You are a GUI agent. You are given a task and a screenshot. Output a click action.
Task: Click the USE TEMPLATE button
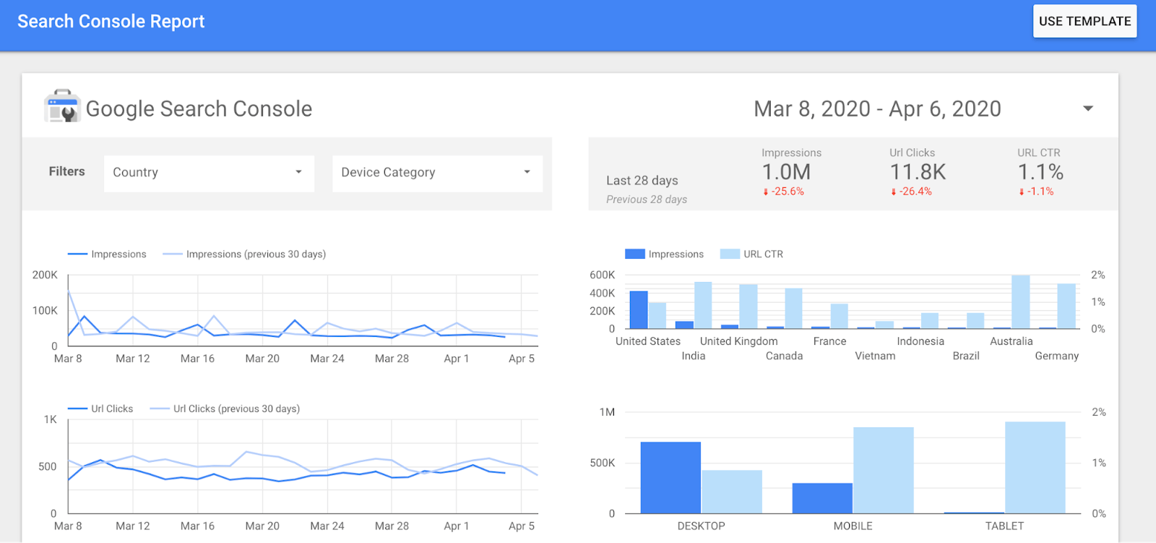pyautogui.click(x=1084, y=21)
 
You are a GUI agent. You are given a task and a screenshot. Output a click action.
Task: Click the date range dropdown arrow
pyautogui.click(x=1087, y=108)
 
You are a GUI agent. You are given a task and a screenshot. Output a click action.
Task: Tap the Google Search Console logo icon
pyautogui.click(x=62, y=107)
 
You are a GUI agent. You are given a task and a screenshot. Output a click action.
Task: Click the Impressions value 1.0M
pyautogui.click(x=786, y=172)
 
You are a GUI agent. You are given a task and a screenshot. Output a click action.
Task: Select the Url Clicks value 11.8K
pyautogui.click(x=918, y=172)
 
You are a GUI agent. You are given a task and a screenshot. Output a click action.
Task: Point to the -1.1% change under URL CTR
pyautogui.click(x=1038, y=192)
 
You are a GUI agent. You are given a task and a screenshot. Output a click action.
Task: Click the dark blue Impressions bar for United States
pyautogui.click(x=639, y=310)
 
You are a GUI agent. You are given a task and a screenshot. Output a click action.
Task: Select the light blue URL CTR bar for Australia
pyautogui.click(x=1020, y=302)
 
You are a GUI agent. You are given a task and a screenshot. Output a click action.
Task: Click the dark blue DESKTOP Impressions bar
pyautogui.click(x=670, y=477)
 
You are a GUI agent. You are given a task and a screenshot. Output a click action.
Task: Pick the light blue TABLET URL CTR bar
pyautogui.click(x=1035, y=467)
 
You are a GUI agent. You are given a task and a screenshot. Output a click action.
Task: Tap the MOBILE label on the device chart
pyautogui.click(x=853, y=526)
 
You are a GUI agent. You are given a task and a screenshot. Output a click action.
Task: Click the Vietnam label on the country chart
pyautogui.click(x=875, y=356)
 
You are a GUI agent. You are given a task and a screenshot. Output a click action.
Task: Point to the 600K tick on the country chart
pyautogui.click(x=602, y=275)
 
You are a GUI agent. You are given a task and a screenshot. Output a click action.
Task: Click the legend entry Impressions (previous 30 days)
pyautogui.click(x=255, y=254)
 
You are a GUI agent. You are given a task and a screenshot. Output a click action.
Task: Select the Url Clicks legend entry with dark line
pyautogui.click(x=111, y=409)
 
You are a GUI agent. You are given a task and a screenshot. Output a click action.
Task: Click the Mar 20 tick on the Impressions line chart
pyautogui.click(x=262, y=359)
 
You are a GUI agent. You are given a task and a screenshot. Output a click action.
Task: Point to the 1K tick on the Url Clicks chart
pyautogui.click(x=50, y=419)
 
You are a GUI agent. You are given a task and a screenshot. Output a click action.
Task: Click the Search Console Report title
pyautogui.click(x=111, y=22)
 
